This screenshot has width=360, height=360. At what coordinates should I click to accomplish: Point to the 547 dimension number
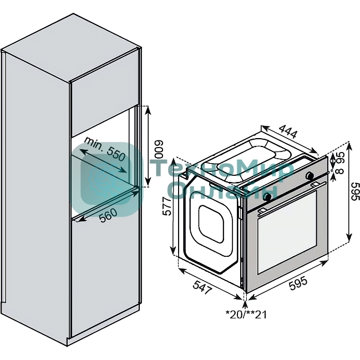202,287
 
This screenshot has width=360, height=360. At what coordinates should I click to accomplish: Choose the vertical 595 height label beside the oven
355,194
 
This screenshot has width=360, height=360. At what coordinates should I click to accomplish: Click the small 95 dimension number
339,158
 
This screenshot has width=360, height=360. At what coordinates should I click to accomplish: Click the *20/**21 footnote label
246,315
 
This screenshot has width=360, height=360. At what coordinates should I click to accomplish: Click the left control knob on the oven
268,196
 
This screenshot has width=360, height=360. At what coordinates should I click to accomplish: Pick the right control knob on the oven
308,176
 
